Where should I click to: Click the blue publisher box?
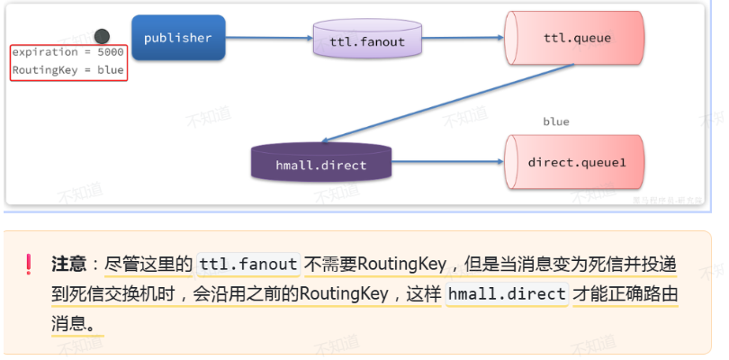[178, 38]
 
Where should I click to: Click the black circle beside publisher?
[103, 36]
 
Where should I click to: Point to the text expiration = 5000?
[67, 52]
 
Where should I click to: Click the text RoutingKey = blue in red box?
[67, 70]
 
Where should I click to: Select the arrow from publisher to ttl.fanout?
[270, 38]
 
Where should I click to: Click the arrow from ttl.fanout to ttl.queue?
[454, 38]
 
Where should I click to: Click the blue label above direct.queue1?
[555, 121]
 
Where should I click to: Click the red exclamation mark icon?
[29, 265]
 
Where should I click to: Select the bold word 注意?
[68, 265]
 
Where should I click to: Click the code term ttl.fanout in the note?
[247, 265]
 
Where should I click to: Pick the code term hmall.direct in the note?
[507, 294]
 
